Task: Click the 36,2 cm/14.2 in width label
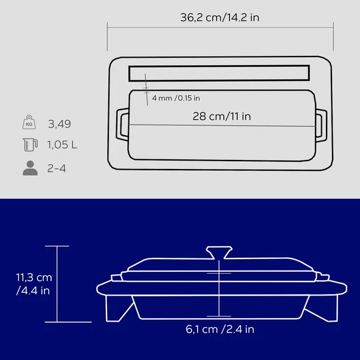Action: (x=220, y=18)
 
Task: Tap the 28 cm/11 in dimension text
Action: (x=222, y=116)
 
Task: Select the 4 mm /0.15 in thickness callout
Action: (x=176, y=98)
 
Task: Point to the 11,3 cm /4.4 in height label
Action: (x=33, y=284)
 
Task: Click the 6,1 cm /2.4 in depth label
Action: (x=220, y=329)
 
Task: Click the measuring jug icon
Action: (x=30, y=144)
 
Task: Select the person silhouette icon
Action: (x=30, y=168)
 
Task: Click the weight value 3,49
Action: (x=60, y=124)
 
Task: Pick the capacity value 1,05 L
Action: (x=62, y=145)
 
